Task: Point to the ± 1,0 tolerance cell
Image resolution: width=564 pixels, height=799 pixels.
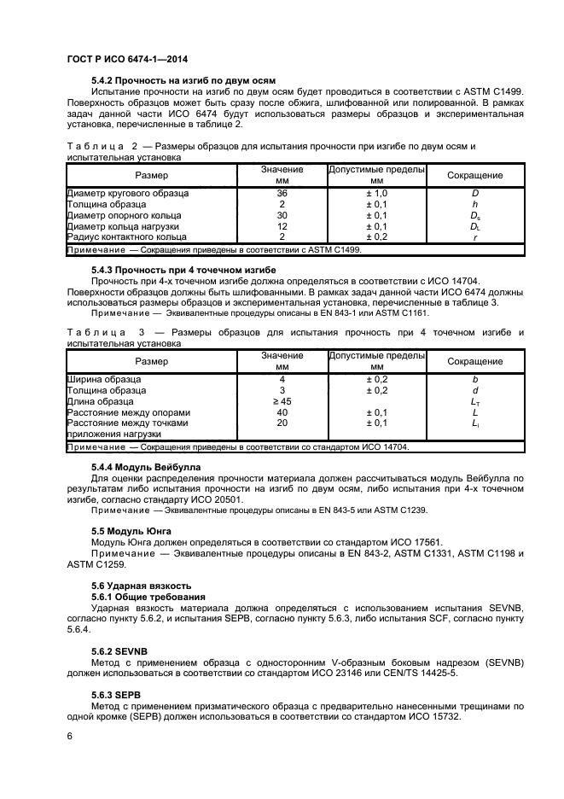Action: (x=376, y=194)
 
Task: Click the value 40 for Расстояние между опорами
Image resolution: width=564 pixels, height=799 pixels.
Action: (x=282, y=411)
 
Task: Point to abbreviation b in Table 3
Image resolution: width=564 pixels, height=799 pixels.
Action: (x=474, y=378)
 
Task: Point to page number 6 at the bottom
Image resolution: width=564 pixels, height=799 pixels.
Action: (x=69, y=736)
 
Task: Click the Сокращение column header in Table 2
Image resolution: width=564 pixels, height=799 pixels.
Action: (x=474, y=175)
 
